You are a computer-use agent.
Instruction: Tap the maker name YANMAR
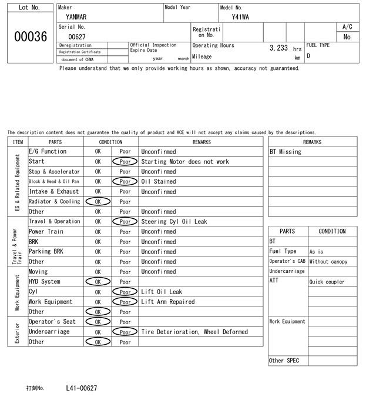click(76, 17)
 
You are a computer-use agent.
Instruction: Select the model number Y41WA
click(240, 17)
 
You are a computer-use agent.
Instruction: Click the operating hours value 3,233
click(278, 48)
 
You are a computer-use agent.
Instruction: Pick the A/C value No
click(347, 36)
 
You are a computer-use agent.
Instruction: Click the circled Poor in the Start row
click(125, 162)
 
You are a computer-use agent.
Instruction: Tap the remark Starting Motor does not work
click(185, 162)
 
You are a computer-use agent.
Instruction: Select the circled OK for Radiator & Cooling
click(98, 202)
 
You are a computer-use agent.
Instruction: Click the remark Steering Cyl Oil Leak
click(174, 222)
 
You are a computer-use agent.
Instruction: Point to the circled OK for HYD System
click(98, 282)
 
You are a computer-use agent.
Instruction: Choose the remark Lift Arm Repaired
click(168, 302)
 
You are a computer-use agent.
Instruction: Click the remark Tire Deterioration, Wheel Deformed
click(194, 332)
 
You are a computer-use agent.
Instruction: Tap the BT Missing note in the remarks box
click(286, 152)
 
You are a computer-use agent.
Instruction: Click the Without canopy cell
click(328, 262)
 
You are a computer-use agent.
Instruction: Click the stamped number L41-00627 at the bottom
click(82, 388)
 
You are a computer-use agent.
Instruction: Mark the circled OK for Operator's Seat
click(98, 322)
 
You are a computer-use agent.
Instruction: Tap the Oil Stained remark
click(159, 182)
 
